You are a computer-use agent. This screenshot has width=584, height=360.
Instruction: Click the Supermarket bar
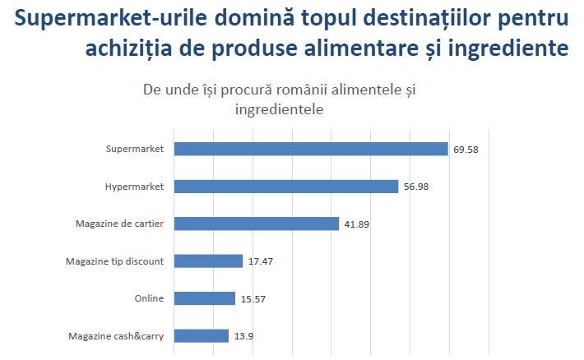pos(310,149)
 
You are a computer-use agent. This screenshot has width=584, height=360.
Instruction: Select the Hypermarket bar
pos(285,187)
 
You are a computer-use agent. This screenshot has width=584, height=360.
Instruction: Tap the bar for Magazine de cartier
pos(256,224)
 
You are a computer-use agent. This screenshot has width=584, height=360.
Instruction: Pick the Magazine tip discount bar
pos(208,261)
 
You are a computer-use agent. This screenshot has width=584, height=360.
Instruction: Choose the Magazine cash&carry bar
pos(201,335)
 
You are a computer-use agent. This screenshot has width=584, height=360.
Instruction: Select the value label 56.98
pos(416,187)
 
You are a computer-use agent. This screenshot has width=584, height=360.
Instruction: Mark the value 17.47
pos(261,261)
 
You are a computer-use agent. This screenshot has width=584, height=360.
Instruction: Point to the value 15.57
pos(253,298)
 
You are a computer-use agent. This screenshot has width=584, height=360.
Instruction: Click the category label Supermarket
pos(135,149)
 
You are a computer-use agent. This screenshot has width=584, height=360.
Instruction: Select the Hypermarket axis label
pos(134,187)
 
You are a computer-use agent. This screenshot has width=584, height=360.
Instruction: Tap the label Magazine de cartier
pos(119,224)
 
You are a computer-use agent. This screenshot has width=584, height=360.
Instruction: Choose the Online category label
pos(149,298)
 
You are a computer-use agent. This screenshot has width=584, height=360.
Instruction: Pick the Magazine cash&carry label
pos(115,335)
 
